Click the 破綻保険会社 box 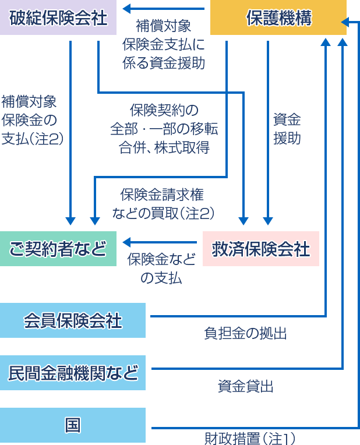58,18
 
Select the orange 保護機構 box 278,18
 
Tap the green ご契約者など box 58,249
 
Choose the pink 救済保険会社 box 260,249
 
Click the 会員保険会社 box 73,320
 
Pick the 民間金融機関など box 73,372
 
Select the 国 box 73,425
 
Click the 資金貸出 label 246,386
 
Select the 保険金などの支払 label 161,269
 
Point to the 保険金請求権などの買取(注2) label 163,204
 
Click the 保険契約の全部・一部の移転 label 163,128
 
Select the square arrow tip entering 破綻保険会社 125,8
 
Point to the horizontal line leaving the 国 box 250,428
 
